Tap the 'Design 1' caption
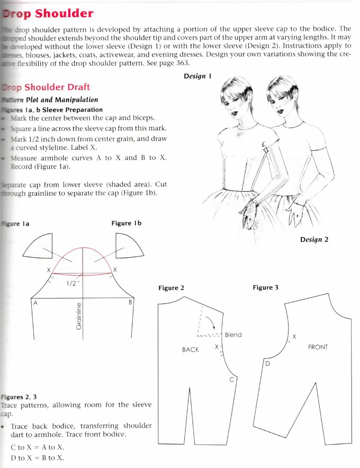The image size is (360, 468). pyautogui.click(x=197, y=76)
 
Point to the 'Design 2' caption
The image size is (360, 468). pyautogui.click(x=314, y=239)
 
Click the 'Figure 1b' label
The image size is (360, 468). pyautogui.click(x=127, y=223)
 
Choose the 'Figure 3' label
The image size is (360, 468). pyautogui.click(x=265, y=287)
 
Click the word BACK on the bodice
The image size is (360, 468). pyautogui.click(x=190, y=350)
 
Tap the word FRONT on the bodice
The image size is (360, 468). pyautogui.click(x=318, y=347)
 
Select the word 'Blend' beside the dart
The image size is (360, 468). pyautogui.click(x=233, y=335)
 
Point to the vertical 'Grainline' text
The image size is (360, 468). pyautogui.click(x=79, y=316)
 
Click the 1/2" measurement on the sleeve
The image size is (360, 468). pyautogui.click(x=73, y=283)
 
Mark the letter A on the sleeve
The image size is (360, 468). pyautogui.click(x=35, y=303)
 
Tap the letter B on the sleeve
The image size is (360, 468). pyautogui.click(x=130, y=302)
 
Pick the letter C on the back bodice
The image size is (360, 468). pyautogui.click(x=231, y=380)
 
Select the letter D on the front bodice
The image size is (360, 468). pyautogui.click(x=267, y=364)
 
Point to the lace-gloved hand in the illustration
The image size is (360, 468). pyautogui.click(x=247, y=213)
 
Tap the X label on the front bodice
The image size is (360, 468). pyautogui.click(x=294, y=336)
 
